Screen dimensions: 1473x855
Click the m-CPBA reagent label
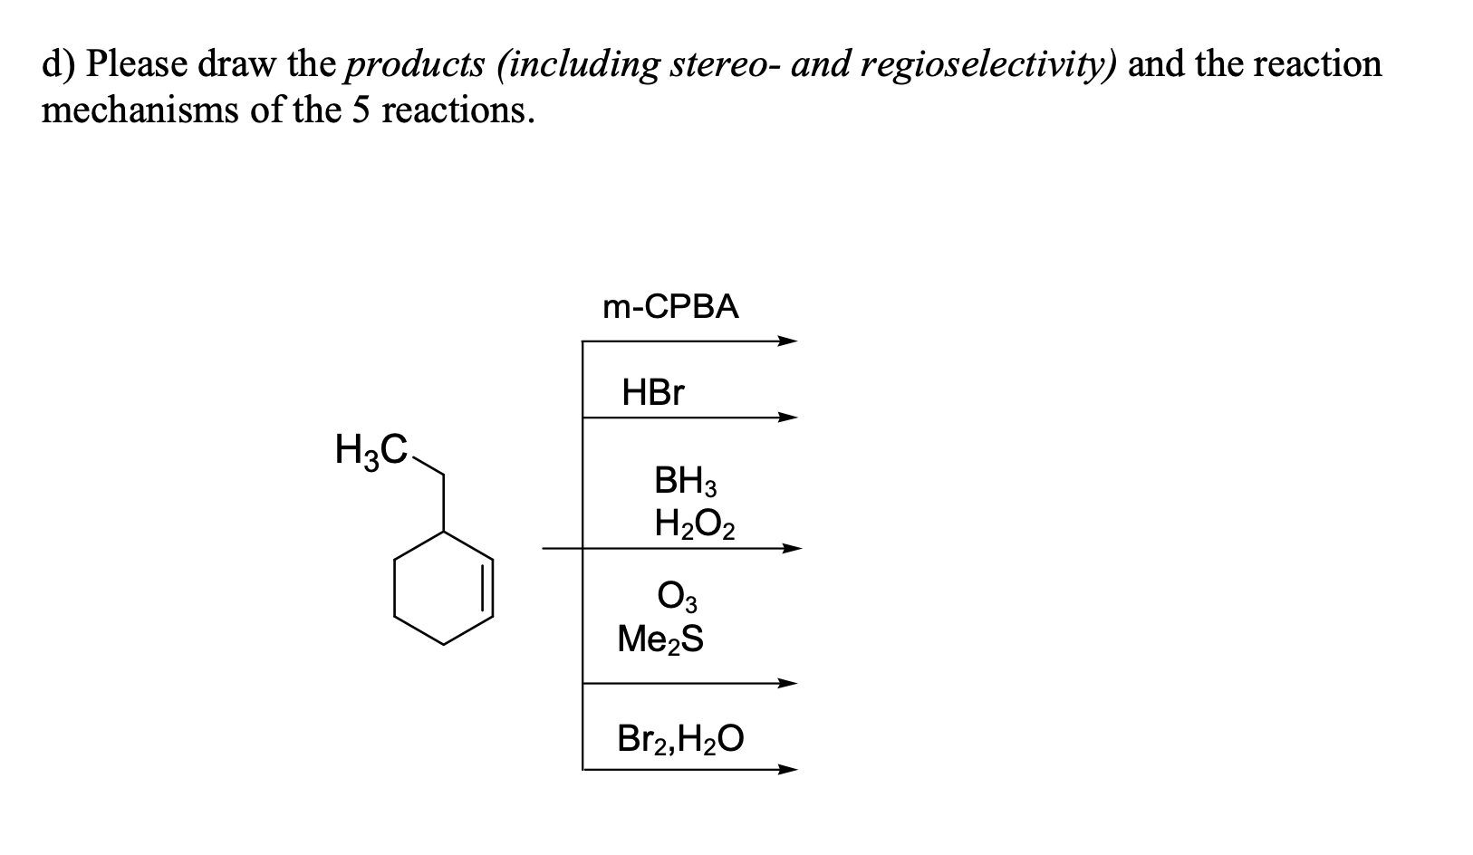pyautogui.click(x=670, y=306)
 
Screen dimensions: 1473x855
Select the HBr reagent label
pyautogui.click(x=653, y=392)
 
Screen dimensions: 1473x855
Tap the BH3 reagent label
pyautogui.click(x=685, y=481)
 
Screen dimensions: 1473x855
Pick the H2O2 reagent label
pyautogui.click(x=695, y=525)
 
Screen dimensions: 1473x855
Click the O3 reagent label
pyautogui.click(x=678, y=596)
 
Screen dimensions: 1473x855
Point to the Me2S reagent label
pyautogui.click(x=660, y=639)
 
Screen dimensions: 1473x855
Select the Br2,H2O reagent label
pyautogui.click(x=680, y=738)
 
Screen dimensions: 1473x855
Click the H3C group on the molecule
pyautogui.click(x=371, y=450)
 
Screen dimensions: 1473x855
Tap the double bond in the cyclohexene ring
pyautogui.click(x=487, y=589)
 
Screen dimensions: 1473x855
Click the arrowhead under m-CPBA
pyautogui.click(x=787, y=341)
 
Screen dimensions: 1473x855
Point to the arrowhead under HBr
pyautogui.click(x=787, y=417)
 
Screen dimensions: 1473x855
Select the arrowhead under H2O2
pyautogui.click(x=792, y=549)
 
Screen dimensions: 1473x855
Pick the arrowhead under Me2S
pyautogui.click(x=787, y=683)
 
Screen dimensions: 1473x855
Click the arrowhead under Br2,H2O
pyautogui.click(x=787, y=770)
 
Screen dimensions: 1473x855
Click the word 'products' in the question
pyautogui.click(x=416, y=66)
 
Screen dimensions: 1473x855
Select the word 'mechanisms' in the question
pyautogui.click(x=140, y=110)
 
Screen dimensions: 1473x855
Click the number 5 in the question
pyautogui.click(x=361, y=110)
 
